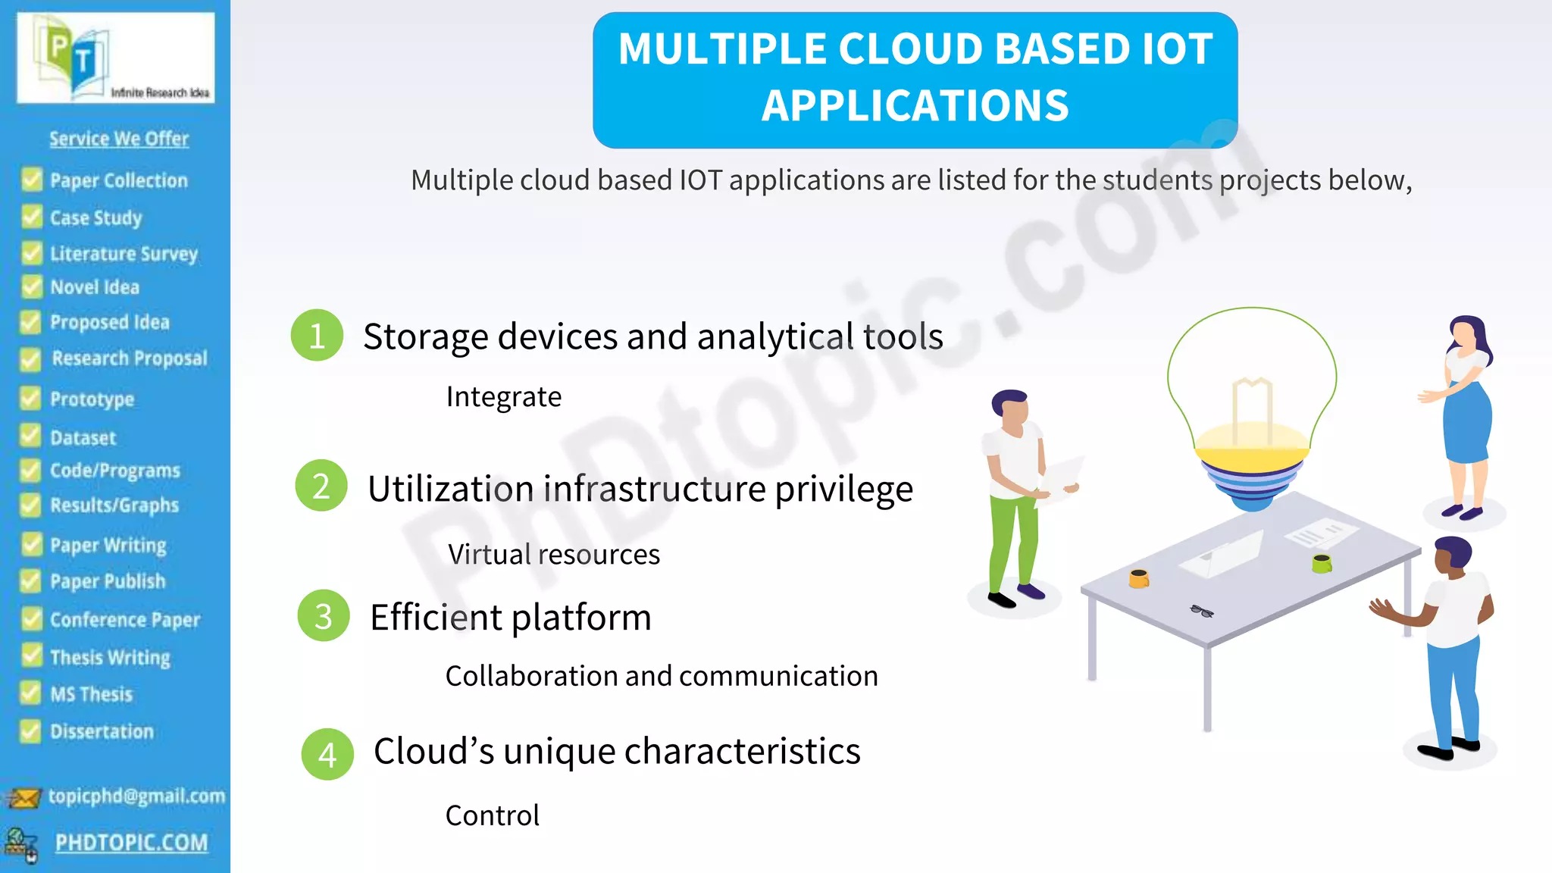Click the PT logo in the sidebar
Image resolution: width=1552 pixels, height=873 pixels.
115,58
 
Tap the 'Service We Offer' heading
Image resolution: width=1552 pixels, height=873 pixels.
119,139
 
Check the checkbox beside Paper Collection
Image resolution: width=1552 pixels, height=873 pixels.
32,180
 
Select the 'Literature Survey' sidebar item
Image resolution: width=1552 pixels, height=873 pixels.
124,253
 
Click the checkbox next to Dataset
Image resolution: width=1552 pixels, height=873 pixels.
30,436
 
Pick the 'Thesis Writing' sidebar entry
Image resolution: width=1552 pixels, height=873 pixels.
110,657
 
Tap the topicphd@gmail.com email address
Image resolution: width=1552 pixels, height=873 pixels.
136,796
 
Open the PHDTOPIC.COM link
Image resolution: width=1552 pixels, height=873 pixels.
131,843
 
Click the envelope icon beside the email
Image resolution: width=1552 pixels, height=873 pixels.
23,798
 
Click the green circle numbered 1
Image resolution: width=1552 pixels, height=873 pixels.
317,335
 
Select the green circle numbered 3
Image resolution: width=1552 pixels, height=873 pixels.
324,616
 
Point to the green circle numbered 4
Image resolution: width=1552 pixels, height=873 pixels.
327,754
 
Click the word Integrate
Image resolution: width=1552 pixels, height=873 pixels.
503,397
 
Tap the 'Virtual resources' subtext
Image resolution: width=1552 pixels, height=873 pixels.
553,555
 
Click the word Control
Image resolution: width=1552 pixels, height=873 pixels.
492,815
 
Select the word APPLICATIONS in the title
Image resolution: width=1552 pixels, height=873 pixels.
915,105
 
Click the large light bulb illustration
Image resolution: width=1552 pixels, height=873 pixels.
1252,402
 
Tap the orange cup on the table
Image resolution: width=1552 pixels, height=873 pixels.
1138,578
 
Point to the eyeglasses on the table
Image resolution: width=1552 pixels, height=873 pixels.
1202,611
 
